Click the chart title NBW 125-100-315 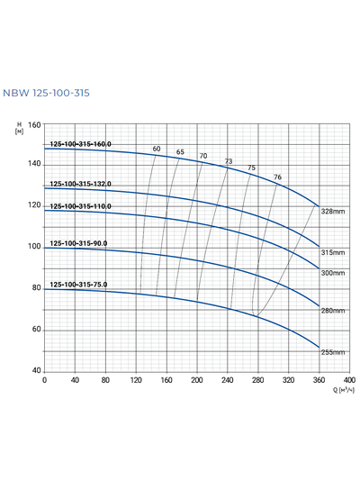(46, 94)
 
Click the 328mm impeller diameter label (333, 211)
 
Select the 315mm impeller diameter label (333, 253)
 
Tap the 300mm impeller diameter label (333, 273)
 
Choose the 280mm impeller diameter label (333, 311)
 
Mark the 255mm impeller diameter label (333, 352)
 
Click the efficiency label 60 (156, 149)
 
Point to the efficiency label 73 (229, 162)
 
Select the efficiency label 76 (277, 177)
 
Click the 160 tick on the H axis (35, 123)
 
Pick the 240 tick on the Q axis (228, 380)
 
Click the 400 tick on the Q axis (349, 380)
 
